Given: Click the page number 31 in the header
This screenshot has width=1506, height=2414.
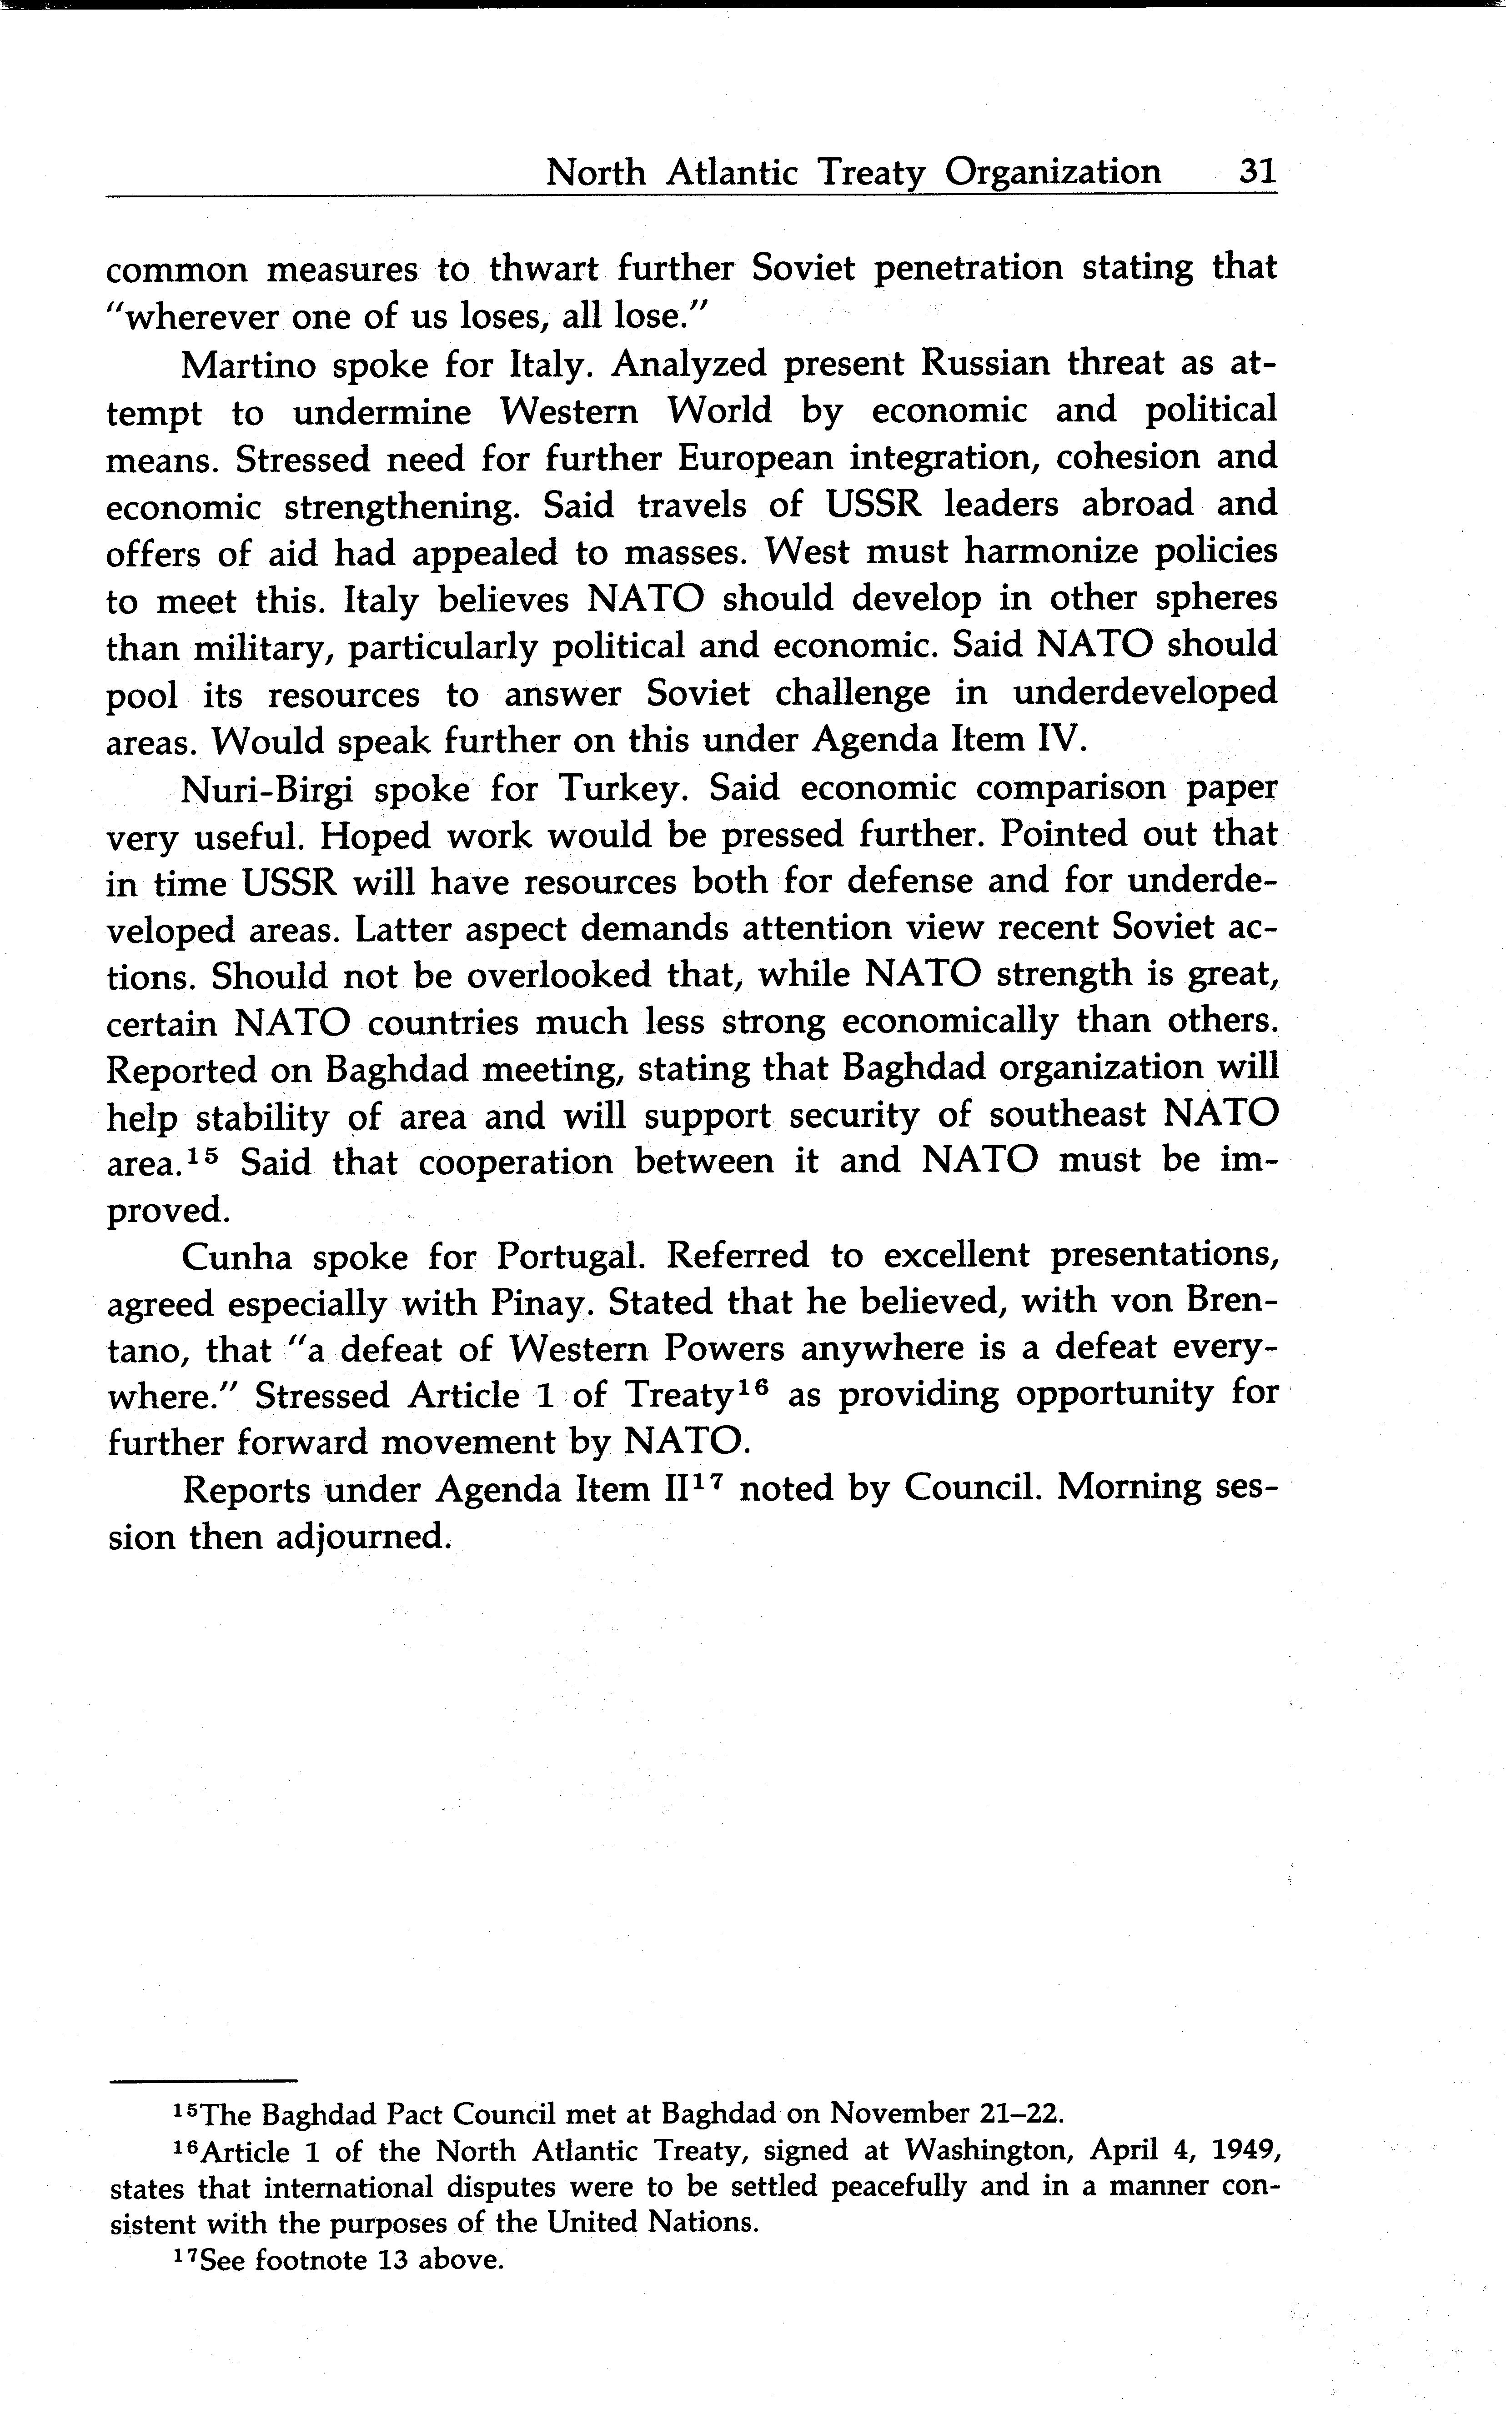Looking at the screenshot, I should (1257, 171).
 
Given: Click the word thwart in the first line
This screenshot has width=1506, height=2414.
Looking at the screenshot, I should (544, 269).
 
